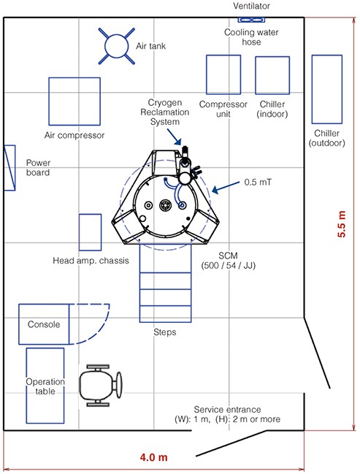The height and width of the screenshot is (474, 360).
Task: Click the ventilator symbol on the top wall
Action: (251, 20)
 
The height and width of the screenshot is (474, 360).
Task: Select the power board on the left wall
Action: (9, 168)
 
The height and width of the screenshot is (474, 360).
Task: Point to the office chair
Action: (100, 386)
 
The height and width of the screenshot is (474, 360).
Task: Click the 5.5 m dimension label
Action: (341, 223)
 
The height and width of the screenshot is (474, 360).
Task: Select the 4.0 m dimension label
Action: (153, 457)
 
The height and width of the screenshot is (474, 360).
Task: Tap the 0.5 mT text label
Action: (258, 183)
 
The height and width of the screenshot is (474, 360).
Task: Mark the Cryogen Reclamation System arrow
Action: (174, 137)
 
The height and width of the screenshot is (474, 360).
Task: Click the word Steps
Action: (165, 332)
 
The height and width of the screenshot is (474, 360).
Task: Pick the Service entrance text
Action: (227, 410)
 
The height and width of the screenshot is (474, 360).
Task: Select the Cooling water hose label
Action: (251, 37)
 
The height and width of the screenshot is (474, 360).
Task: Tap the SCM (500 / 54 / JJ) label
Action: (229, 261)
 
